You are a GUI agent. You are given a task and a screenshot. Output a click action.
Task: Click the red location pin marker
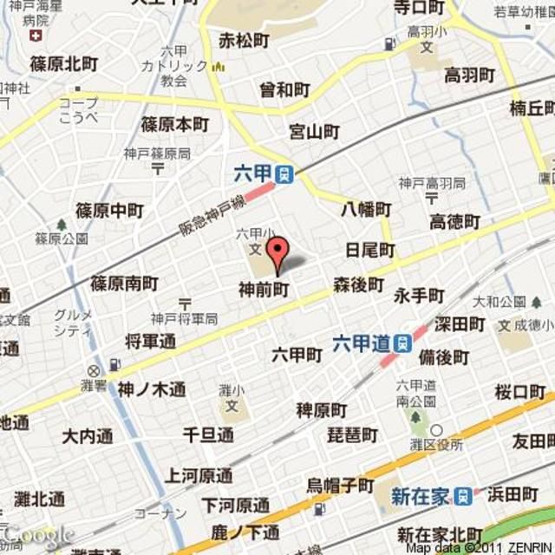point(276,252)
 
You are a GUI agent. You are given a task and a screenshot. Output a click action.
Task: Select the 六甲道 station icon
point(402,342)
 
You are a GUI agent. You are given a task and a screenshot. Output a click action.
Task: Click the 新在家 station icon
point(467,496)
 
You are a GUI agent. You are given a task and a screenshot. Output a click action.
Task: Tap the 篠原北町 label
point(64,63)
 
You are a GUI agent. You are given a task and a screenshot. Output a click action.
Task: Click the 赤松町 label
point(244,41)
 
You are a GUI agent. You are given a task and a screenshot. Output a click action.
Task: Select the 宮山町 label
point(314,132)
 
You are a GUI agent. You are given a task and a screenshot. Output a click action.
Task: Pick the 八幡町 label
point(365,209)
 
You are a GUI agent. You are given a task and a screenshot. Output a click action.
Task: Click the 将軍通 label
point(150,341)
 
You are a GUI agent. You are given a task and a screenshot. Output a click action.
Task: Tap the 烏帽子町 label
point(340,485)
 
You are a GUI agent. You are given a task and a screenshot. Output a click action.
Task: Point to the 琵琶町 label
point(351,435)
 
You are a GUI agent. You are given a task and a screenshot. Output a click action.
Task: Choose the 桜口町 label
point(519,392)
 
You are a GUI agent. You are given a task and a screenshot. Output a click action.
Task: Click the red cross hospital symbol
point(35,36)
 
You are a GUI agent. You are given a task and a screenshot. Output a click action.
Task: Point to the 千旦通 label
point(208,434)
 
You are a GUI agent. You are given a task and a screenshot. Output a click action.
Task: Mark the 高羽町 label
point(469,75)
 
